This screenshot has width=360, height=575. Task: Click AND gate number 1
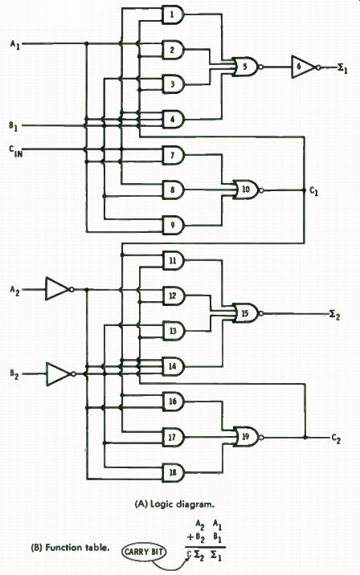coord(173,15)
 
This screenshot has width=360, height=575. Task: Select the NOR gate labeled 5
coord(246,67)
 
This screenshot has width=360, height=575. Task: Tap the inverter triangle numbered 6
coord(305,67)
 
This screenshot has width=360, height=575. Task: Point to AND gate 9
coord(173,225)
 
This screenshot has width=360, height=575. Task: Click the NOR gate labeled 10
coord(246,190)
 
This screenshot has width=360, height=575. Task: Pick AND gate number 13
coord(173,331)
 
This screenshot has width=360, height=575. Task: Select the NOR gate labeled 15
coord(246,313)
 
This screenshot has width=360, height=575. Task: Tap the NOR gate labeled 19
coord(246,437)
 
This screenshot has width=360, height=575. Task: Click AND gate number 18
coord(173,472)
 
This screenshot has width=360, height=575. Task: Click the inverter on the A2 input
coord(59,289)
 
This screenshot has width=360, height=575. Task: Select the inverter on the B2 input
coord(59,374)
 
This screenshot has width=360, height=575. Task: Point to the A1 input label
coord(15,45)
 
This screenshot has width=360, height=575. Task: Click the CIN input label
coord(16,151)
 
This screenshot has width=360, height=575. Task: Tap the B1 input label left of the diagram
coord(14,126)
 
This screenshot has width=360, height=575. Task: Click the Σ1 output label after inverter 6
coord(342,68)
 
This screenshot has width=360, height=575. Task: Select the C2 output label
coord(336,438)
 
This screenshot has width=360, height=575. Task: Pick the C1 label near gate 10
coord(314,191)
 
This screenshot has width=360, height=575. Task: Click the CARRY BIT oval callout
coord(144,551)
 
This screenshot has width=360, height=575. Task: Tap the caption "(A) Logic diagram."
coord(174,504)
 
